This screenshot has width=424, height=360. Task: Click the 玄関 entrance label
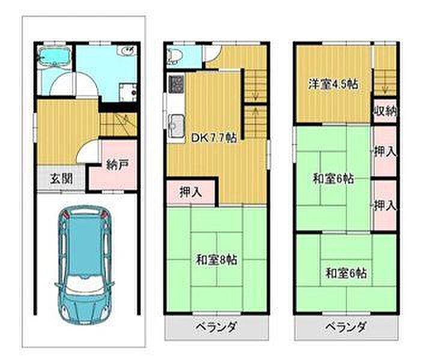tap(62, 179)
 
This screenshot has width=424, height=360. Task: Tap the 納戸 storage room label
tap(117, 165)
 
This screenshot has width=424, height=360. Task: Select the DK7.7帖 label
tap(214, 138)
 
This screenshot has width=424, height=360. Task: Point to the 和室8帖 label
tap(217, 260)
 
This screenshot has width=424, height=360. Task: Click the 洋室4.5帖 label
tap(333, 84)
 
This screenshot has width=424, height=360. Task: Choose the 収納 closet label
tap(386, 111)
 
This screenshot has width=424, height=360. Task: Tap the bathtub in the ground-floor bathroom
tap(54, 57)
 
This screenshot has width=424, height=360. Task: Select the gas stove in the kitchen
tap(176, 84)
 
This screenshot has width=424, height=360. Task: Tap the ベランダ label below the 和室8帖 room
tap(216, 328)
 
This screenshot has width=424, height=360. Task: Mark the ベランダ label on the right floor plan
tap(345, 328)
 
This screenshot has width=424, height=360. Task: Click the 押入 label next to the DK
tap(191, 192)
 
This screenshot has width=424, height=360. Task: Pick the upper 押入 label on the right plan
tap(386, 152)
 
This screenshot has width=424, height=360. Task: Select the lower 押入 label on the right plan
tap(386, 206)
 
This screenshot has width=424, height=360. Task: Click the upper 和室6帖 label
tap(333, 179)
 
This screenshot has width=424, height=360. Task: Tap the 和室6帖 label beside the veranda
tap(347, 273)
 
